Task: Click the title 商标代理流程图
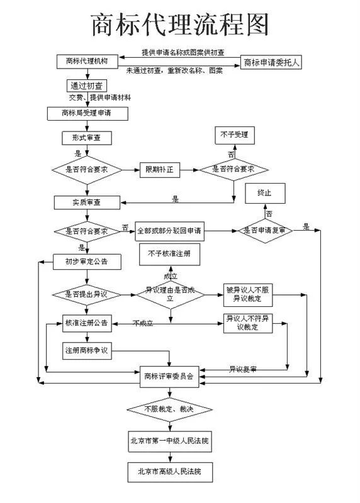pos(180,24)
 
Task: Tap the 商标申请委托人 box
pos(271,62)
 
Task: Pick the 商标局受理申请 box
pos(87,113)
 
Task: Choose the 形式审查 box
pos(87,137)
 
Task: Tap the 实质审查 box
pos(86,202)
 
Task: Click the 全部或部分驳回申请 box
pos(169,231)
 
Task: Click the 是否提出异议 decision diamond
pos(83,294)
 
